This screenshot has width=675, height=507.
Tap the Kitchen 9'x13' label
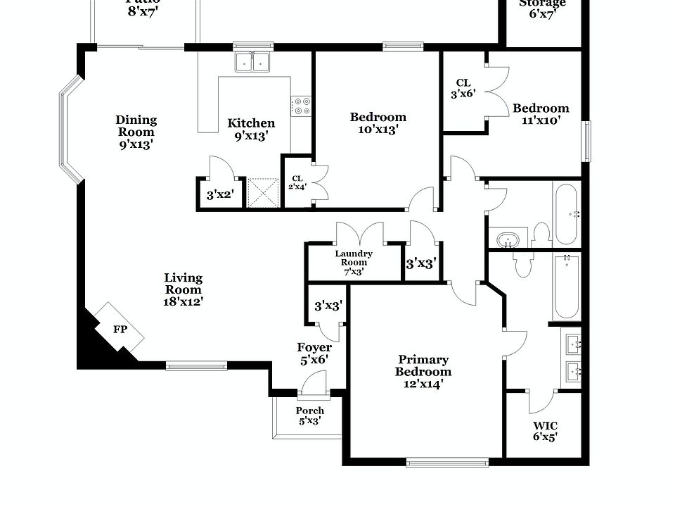pos(251,130)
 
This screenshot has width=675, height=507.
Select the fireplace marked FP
pos(119,329)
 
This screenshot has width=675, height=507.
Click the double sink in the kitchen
pos(254,63)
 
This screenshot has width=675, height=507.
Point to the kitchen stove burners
pos(302,106)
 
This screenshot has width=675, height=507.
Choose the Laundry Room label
pos(354,262)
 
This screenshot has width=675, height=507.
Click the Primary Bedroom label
pos(423,371)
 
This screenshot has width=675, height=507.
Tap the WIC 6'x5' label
pos(545,431)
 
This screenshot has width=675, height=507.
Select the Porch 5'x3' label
pos(309,415)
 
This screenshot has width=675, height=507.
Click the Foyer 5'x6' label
pos(314,353)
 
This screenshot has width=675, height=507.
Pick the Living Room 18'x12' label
pos(184,289)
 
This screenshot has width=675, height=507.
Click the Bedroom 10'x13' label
pos(378,123)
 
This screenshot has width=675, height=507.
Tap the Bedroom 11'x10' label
pos(541,114)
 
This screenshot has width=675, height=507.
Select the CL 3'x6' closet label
pos(463,88)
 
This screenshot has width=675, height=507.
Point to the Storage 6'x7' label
pos(542,8)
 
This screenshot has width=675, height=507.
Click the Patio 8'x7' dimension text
pos(143,11)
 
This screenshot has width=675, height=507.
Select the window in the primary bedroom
pos(447,462)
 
